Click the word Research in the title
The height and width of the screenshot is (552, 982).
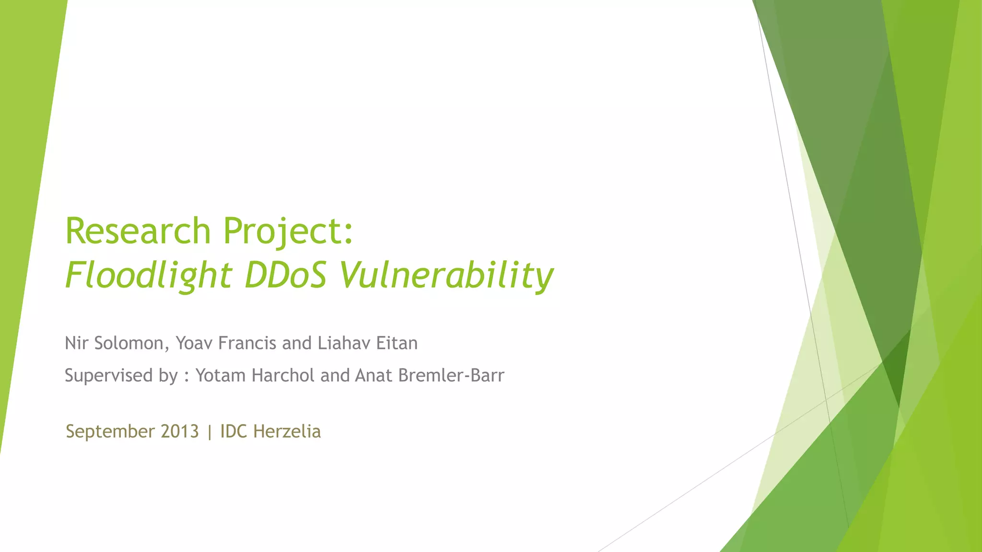point(138,231)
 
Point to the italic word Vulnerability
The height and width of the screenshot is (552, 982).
point(446,276)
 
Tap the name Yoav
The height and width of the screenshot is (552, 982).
point(194,343)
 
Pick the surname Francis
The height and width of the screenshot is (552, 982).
point(247,343)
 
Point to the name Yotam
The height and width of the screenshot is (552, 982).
point(221,375)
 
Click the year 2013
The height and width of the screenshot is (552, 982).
point(180,431)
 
